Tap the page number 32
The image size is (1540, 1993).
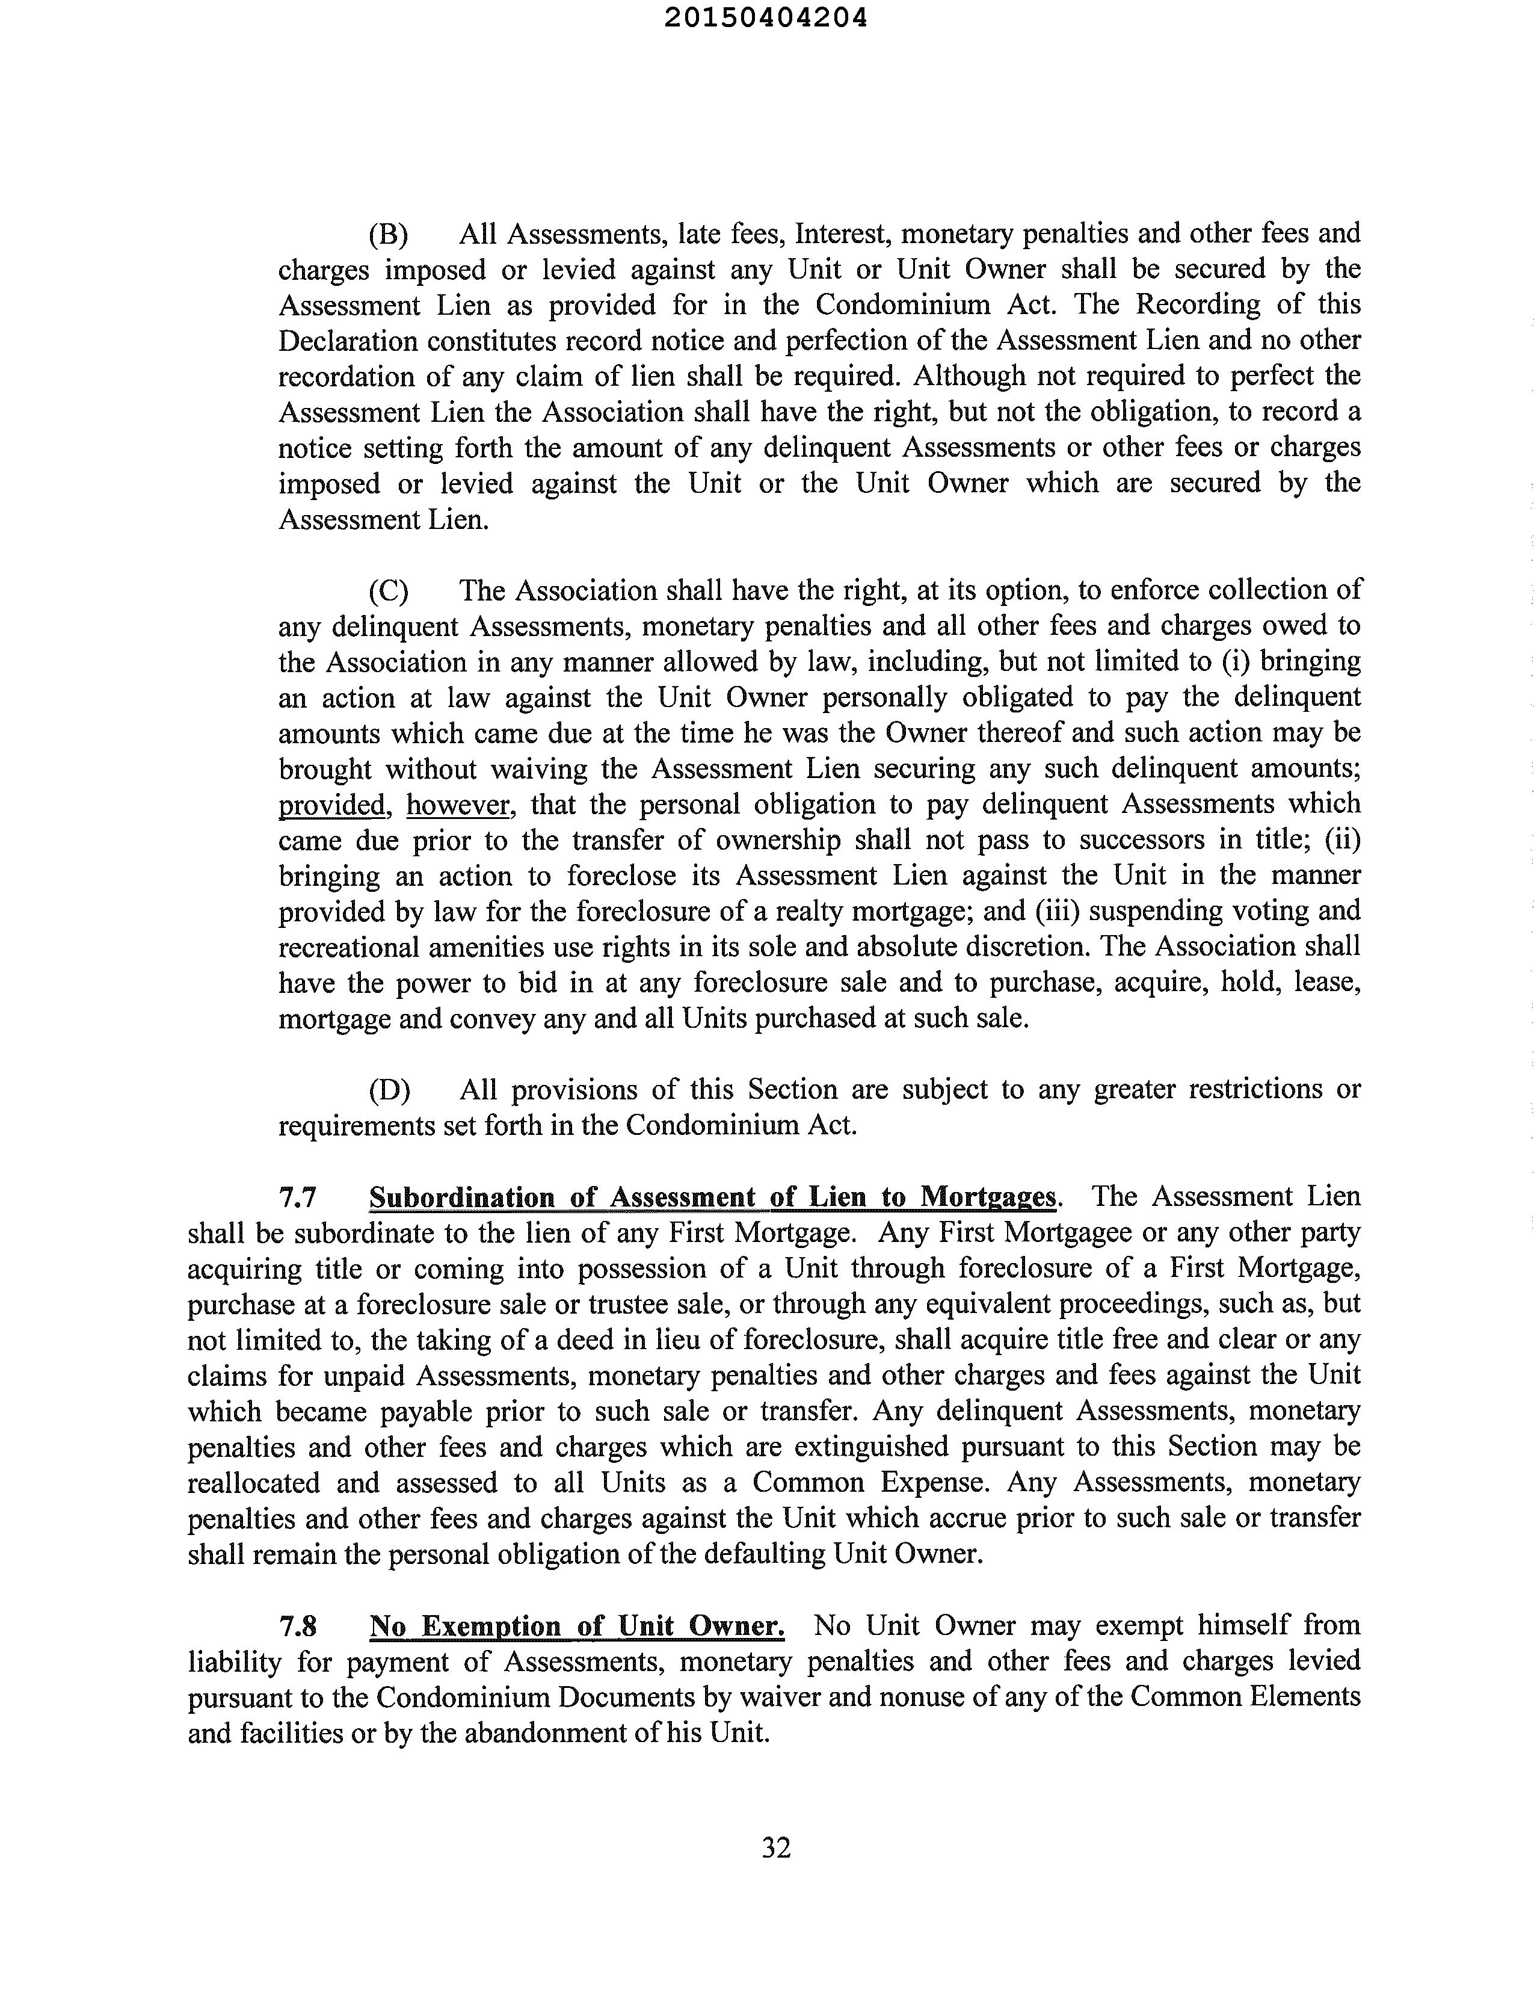775,1848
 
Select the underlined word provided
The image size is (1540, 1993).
332,806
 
